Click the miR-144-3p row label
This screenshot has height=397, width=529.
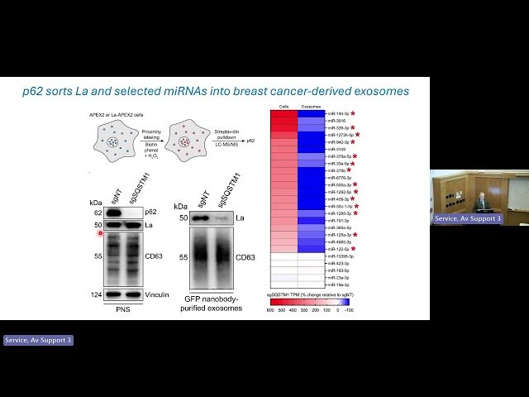(x=337, y=112)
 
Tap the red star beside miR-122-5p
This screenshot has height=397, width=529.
(x=353, y=248)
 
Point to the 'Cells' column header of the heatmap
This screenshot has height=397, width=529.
(x=284, y=107)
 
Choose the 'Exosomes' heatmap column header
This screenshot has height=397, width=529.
(x=310, y=107)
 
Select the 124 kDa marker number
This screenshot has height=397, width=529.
(x=96, y=294)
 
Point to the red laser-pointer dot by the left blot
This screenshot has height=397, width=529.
(x=101, y=233)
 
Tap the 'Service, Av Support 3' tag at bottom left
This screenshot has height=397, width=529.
(x=38, y=340)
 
